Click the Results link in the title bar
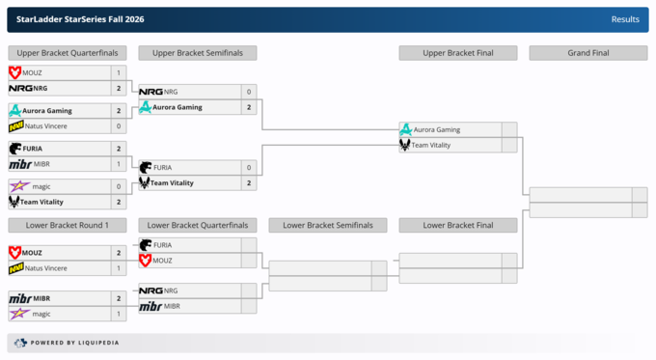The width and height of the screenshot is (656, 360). click(625, 19)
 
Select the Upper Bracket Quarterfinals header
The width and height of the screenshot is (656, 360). click(68, 53)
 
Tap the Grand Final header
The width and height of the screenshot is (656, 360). click(588, 53)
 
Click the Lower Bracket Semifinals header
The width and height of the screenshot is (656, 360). click(328, 225)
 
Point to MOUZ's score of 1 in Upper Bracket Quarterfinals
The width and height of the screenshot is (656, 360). click(119, 72)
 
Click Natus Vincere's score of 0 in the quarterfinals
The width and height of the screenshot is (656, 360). click(119, 126)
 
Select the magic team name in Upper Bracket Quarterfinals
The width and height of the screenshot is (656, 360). click(41, 186)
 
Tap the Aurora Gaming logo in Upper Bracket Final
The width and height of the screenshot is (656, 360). click(405, 129)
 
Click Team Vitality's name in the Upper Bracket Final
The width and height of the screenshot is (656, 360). click(431, 146)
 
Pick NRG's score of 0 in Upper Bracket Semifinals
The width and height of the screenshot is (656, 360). click(249, 92)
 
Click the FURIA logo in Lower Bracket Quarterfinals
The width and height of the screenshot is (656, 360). click(146, 245)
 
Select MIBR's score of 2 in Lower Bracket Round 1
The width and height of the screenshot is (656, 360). click(119, 298)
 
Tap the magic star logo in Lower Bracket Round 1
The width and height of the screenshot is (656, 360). click(19, 314)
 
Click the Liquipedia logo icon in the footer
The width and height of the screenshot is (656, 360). click(20, 343)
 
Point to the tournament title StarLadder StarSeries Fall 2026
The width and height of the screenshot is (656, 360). click(80, 19)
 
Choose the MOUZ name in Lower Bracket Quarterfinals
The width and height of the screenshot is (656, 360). click(162, 261)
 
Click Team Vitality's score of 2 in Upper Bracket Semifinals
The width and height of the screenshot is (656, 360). click(249, 183)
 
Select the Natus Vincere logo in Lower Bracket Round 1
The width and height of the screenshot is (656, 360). click(16, 268)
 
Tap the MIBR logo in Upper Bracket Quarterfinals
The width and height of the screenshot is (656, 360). click(20, 164)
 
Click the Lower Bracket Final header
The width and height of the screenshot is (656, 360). click(458, 225)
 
